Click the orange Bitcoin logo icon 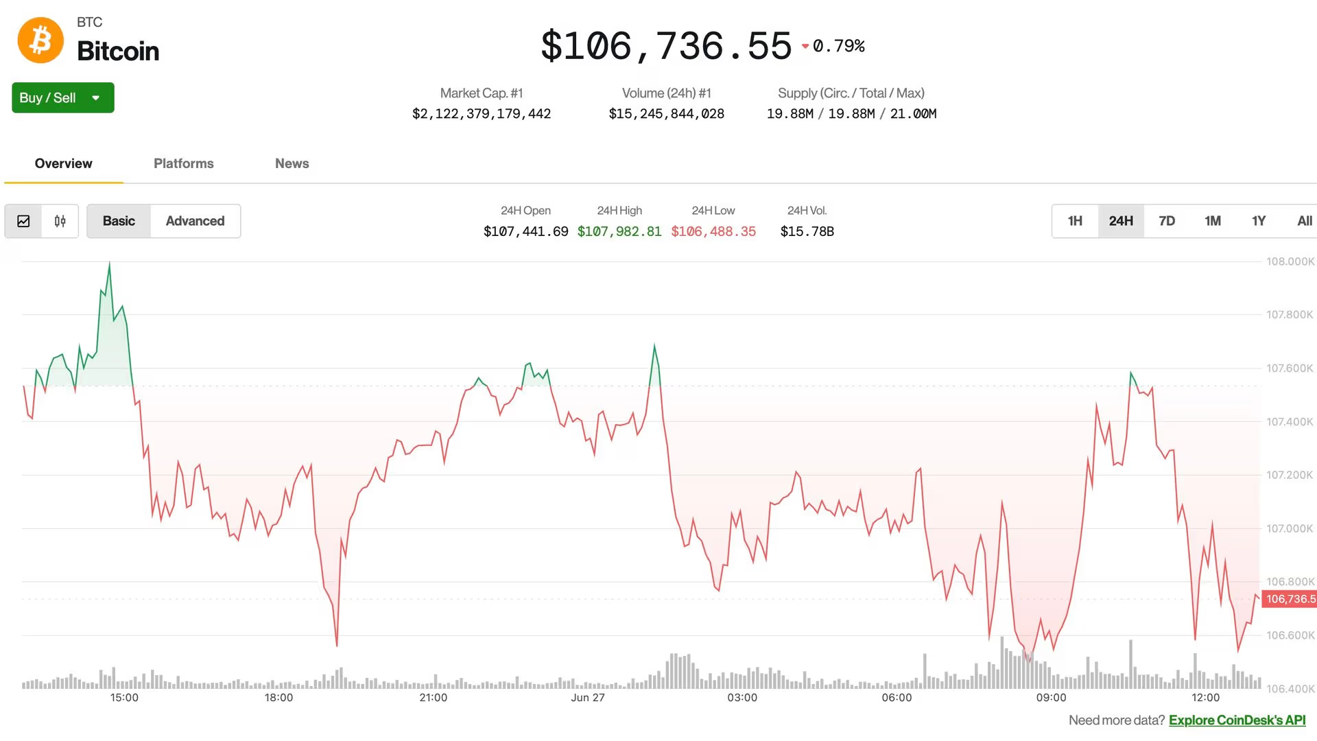pos(40,40)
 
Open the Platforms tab pos(183,163)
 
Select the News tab pos(292,163)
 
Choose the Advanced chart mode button pos(195,221)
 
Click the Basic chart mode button pos(119,221)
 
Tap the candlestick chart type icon pos(60,221)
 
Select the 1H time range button pos(1075,221)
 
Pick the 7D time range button pos(1166,221)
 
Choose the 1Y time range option pos(1258,221)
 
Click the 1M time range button pos(1212,221)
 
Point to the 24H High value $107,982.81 pos(619,232)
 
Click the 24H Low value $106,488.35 pos(713,232)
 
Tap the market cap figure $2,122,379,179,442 pos(482,114)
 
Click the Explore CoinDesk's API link pos(1237,720)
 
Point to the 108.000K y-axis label pos(1290,261)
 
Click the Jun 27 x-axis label pos(588,698)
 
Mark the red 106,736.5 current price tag pos(1290,599)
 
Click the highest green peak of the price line pos(109,263)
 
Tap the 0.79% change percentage pos(838,46)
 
